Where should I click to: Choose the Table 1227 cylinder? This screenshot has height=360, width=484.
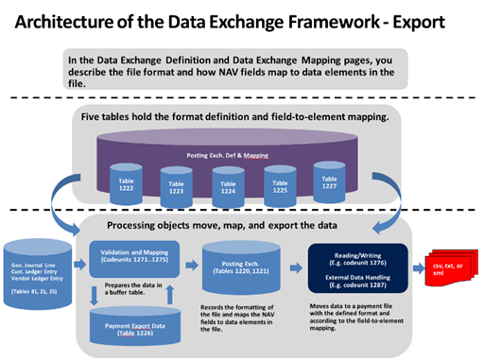click(326, 181)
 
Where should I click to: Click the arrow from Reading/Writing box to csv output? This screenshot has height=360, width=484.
click(418, 266)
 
